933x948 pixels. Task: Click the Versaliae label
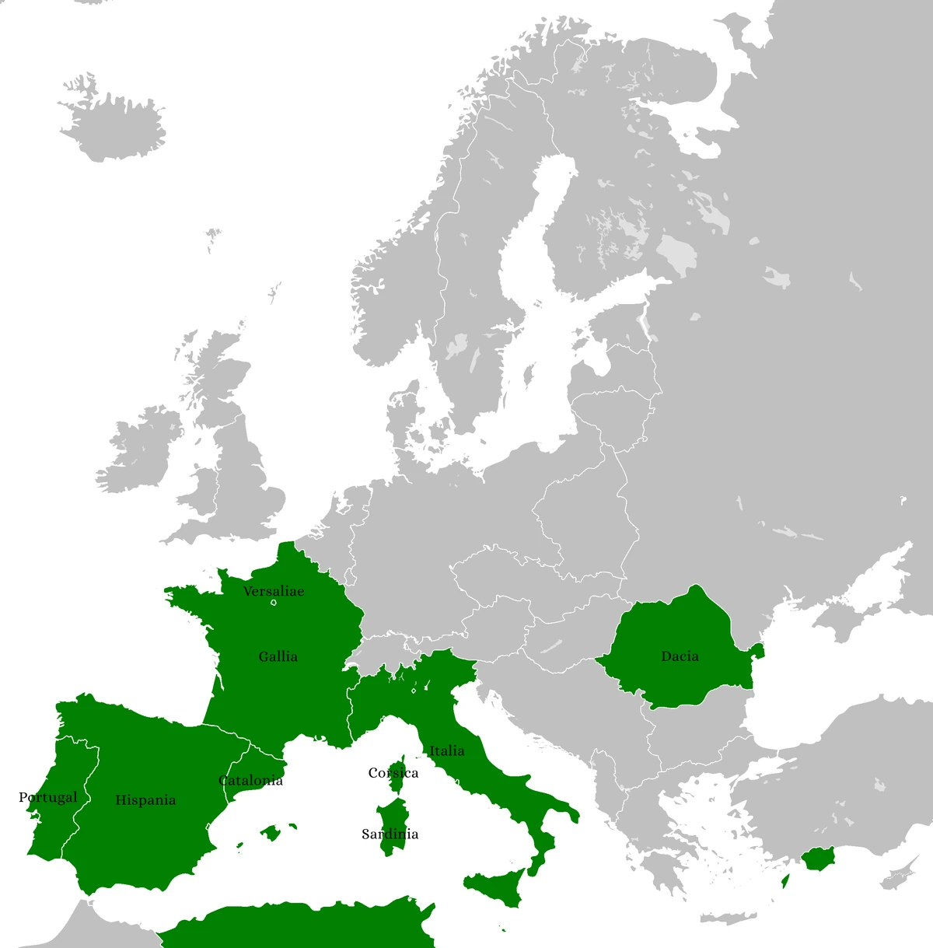point(273,591)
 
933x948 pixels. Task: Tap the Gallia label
point(278,656)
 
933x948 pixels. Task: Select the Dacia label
point(680,656)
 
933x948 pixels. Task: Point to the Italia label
point(447,750)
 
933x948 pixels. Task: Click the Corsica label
point(393,773)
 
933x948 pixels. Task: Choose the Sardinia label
point(390,834)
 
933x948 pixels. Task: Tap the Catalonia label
point(250,780)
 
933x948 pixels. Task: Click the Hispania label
point(145,799)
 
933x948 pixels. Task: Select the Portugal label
point(48,797)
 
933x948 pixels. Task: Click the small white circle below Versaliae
point(274,603)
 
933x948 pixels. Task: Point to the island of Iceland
point(113,128)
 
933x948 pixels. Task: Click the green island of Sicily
point(498,887)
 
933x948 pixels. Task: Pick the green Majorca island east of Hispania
point(271,834)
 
